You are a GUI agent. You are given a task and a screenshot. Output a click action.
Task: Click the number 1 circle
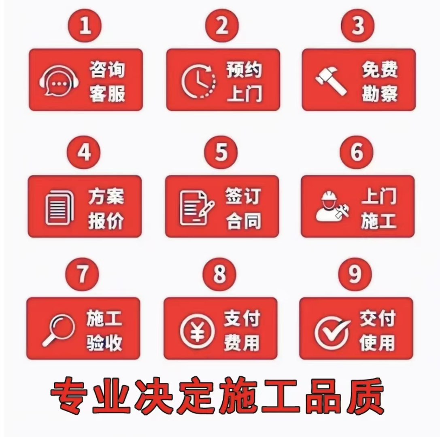85,25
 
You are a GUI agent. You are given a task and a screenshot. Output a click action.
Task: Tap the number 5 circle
221,152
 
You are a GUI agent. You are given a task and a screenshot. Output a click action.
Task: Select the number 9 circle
355,274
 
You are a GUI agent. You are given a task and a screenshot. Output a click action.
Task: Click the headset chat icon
59,81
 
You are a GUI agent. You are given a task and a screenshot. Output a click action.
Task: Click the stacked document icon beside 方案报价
59,208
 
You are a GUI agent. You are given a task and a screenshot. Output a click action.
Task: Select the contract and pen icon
197,208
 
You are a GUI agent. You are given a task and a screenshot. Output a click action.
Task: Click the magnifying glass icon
58,330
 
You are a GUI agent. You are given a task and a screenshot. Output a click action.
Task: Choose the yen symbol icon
197,331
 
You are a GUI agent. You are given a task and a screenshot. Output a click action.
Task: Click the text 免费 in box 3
380,69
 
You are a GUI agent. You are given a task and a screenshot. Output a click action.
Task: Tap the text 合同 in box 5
243,221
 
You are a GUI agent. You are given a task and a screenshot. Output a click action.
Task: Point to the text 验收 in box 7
104,342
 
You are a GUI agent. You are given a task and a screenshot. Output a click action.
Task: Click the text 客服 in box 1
107,94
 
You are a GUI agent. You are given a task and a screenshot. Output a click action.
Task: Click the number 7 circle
82,274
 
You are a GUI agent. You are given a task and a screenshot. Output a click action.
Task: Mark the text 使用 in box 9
377,342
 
